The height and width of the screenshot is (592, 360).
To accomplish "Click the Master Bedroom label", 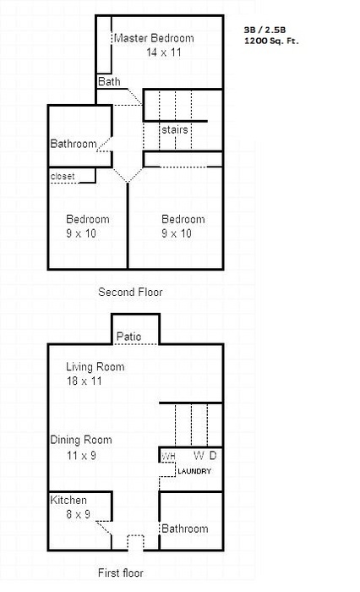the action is tap(154, 38).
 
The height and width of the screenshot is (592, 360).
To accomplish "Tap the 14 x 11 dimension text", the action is tap(164, 52).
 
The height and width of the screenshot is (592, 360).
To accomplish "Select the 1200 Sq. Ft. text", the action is tap(271, 41).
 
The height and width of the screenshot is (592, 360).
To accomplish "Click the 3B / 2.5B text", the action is tap(265, 30).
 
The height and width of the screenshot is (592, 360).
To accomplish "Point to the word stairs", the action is tap(175, 129).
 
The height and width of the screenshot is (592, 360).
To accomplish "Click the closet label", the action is tap(63, 176).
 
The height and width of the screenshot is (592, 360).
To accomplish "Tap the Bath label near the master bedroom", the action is tap(109, 81).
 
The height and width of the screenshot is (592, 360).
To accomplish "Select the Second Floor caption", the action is tap(130, 292).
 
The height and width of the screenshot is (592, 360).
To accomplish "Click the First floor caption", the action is tap(120, 573).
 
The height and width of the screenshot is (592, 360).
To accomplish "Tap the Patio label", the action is tap(129, 337).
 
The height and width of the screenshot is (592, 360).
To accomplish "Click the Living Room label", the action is tap(95, 366).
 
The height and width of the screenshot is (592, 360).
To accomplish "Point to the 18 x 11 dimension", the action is tap(85, 381).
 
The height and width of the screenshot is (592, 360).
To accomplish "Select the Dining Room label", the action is tap(81, 440).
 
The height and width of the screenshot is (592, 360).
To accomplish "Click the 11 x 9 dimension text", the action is tap(81, 455).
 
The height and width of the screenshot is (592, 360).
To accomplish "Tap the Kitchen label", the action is tap(68, 500).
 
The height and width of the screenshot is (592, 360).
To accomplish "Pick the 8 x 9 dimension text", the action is tap(78, 514).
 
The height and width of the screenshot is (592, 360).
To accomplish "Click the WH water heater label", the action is tap(168, 456).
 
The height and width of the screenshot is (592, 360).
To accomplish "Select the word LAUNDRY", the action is tap(194, 471).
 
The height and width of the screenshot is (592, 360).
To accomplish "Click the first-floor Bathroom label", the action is tap(185, 529).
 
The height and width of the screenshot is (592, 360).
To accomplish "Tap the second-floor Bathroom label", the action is tap(74, 144).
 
